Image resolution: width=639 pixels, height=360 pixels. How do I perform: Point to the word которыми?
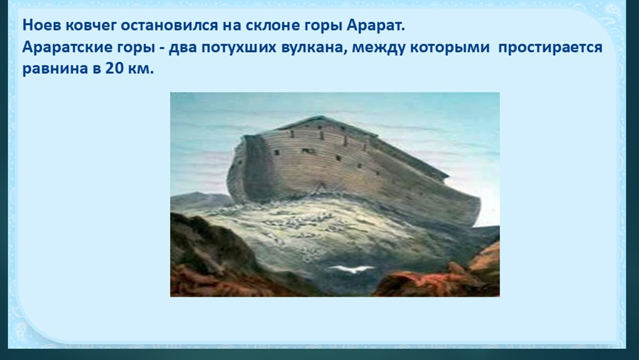(x=450, y=47)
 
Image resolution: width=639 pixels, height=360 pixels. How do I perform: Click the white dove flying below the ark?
(x=351, y=269)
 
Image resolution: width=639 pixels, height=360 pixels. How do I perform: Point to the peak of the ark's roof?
(x=322, y=116)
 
